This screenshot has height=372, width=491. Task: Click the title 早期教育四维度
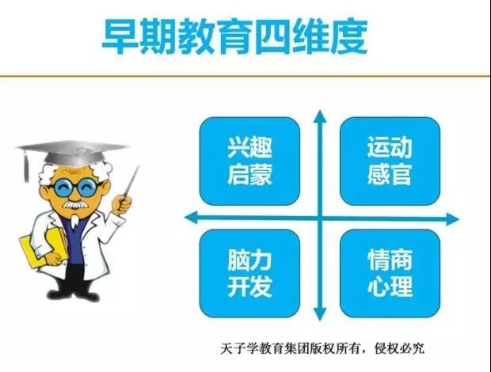point(234,37)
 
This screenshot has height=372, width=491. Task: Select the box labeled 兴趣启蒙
point(249,161)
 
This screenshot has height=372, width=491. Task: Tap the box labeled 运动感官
point(390,161)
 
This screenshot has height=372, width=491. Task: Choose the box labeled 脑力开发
point(249,273)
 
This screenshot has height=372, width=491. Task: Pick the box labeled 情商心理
point(390,273)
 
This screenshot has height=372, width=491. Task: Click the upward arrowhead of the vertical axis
point(320,116)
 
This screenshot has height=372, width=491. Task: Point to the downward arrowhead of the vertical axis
point(320,313)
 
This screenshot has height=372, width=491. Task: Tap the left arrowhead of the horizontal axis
point(191,218)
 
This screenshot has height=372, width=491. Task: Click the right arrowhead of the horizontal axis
point(452,218)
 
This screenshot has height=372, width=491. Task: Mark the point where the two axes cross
point(320,218)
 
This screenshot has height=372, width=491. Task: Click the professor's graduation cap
point(73,153)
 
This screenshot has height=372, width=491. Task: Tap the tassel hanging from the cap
point(25,166)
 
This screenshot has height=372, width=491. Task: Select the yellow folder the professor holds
point(43,248)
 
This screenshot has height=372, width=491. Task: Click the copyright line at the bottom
point(322,348)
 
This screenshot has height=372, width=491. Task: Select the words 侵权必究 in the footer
point(399,348)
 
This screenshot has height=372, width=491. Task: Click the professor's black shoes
point(73,294)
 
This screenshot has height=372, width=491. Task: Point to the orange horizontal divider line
point(246,75)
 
